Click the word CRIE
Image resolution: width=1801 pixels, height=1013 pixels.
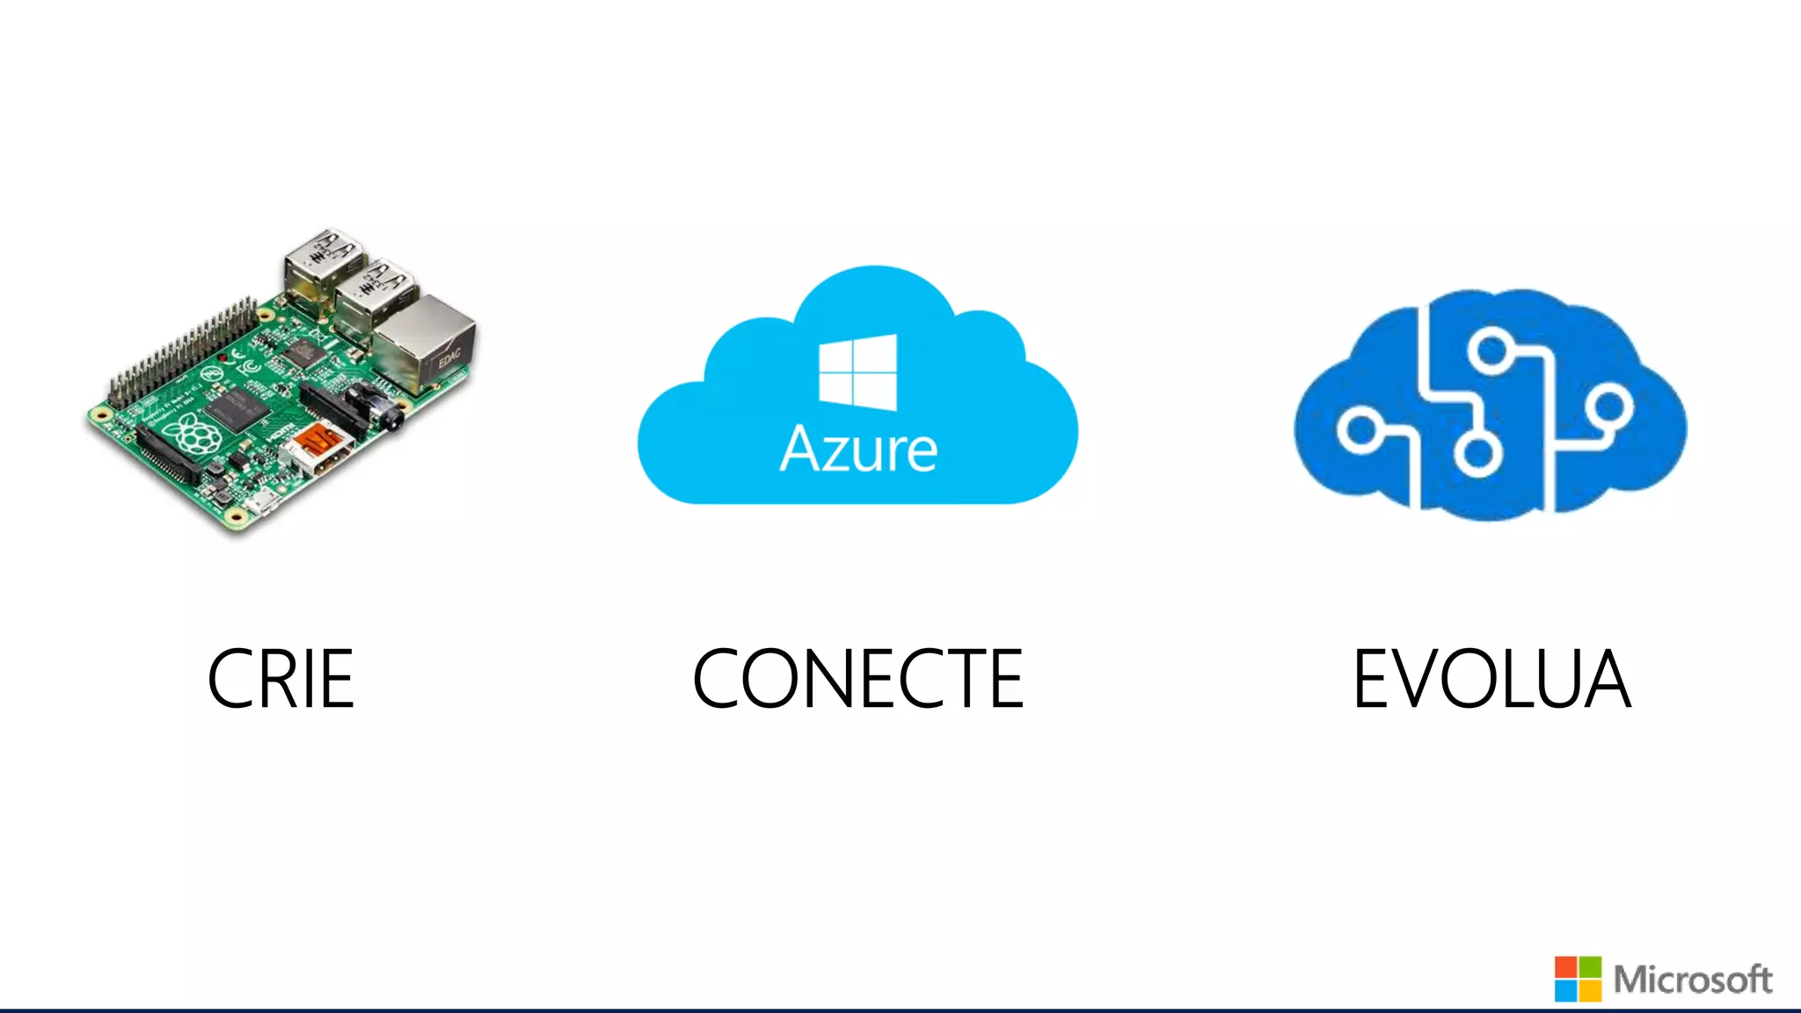tap(281, 679)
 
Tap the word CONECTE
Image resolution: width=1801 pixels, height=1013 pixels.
tap(858, 679)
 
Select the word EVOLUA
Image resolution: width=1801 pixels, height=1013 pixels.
tap(1491, 679)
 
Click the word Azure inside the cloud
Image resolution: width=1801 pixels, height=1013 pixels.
tap(858, 449)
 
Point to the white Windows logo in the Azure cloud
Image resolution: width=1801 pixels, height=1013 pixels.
tap(857, 372)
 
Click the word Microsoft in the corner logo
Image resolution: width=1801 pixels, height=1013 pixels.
tap(1693, 980)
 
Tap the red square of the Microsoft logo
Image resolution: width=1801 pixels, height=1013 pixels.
tap(1566, 967)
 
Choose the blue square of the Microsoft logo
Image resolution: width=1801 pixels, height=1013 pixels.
tap(1566, 991)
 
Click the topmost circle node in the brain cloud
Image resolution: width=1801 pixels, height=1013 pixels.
tap(1491, 349)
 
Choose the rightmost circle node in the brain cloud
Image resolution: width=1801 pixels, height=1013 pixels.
tap(1610, 407)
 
